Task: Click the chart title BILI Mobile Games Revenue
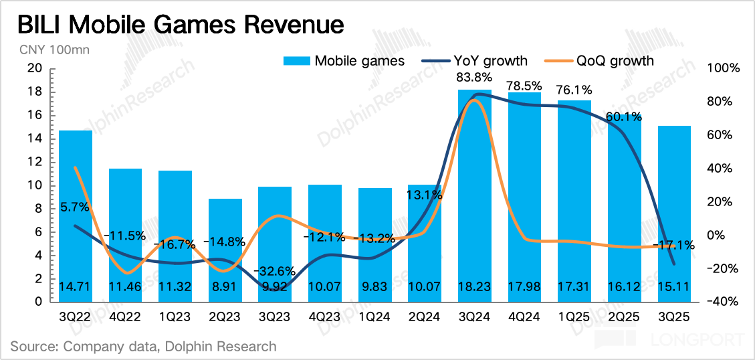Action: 180,25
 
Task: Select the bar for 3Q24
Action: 475,201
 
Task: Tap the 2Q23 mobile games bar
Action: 225,254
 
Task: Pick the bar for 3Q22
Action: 76,221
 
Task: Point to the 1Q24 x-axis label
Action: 375,317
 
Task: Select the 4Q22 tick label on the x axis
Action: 126,317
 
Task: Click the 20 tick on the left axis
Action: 35,69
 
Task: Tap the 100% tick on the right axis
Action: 723,69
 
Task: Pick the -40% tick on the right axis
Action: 723,302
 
